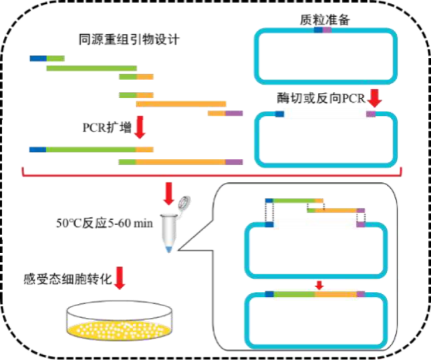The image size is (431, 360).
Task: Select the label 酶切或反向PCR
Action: tap(320, 99)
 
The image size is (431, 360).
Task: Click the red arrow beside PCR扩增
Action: tap(140, 126)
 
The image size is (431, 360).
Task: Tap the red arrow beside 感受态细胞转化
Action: tap(120, 277)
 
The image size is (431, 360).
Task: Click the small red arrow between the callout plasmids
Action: tap(319, 285)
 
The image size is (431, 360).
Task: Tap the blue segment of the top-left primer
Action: tap(38, 58)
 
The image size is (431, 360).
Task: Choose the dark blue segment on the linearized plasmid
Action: tap(279, 114)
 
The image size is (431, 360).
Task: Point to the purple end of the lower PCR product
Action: tap(234, 162)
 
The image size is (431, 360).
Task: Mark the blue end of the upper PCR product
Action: tap(38, 149)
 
